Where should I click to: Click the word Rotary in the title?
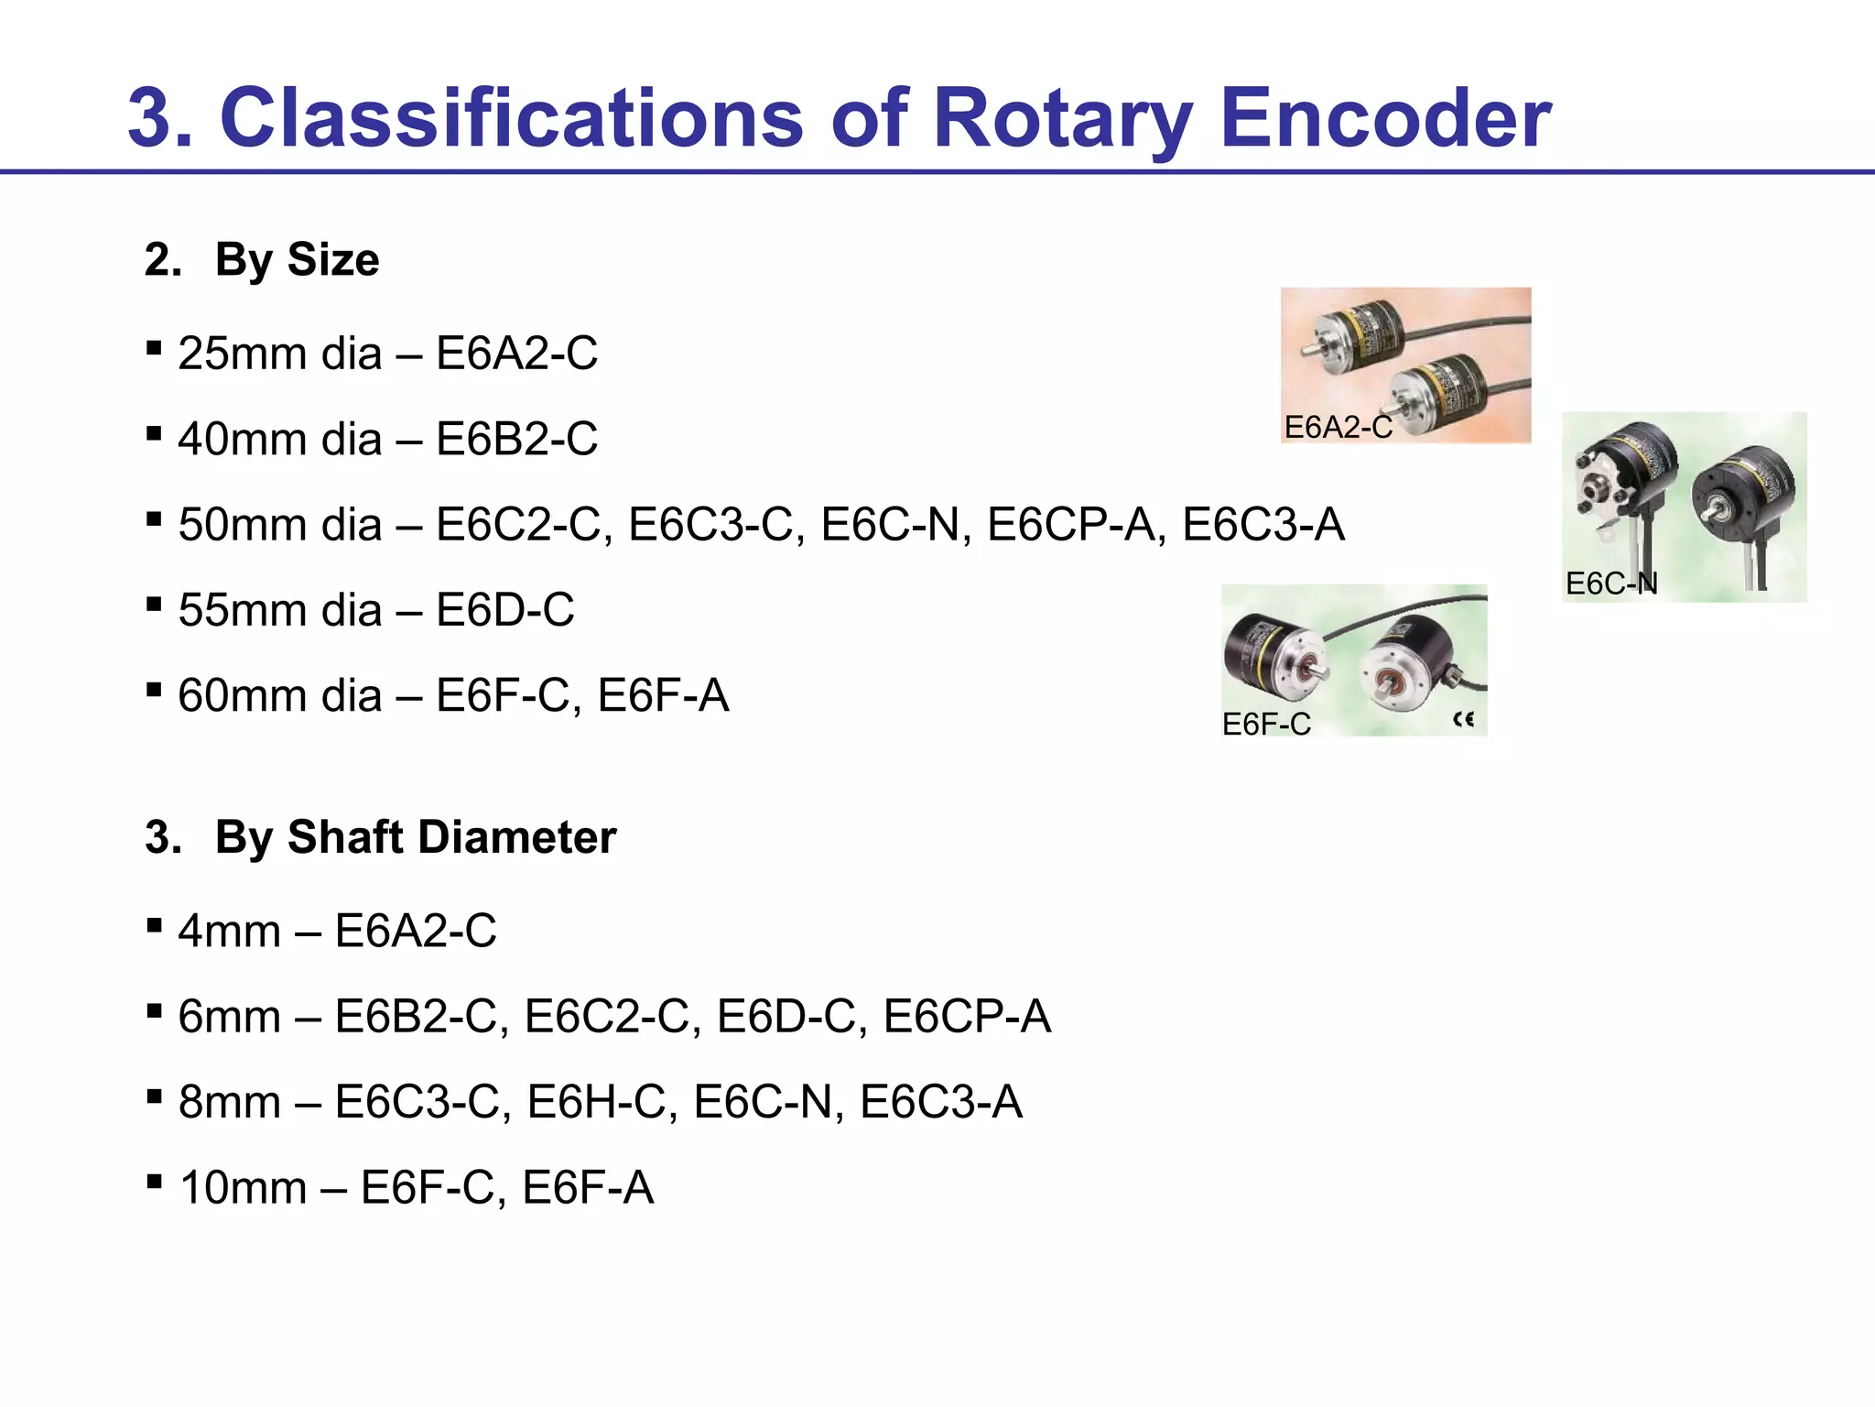(1062, 119)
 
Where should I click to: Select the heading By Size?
(297, 259)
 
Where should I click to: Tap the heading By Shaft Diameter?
(415, 837)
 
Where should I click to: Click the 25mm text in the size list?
(233, 354)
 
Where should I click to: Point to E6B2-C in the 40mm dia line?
(516, 439)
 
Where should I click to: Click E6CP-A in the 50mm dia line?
(1070, 525)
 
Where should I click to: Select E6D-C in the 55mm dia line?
(504, 610)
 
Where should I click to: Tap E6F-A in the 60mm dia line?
(663, 695)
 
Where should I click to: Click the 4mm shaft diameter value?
(229, 932)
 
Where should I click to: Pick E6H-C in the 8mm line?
(596, 1102)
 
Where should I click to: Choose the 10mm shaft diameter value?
(243, 1188)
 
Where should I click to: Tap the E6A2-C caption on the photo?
(1338, 427)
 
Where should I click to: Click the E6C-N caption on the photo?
(1610, 584)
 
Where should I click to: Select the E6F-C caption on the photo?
(1266, 725)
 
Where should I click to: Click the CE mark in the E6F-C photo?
(1464, 719)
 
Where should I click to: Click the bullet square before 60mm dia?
(154, 689)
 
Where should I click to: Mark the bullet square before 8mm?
(154, 1096)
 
